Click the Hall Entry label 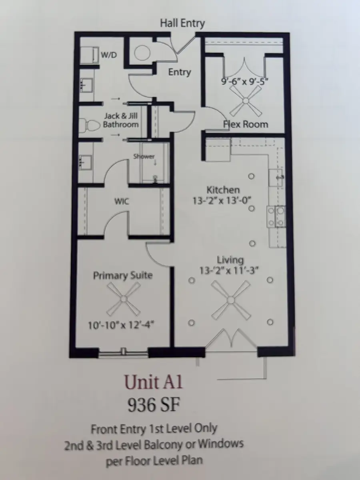click(182, 23)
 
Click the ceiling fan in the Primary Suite click(124, 298)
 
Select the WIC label click(122, 201)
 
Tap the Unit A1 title click(153, 382)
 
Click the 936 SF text click(153, 405)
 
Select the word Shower click(144, 156)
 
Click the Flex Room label click(245, 124)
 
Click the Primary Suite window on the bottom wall click(124, 352)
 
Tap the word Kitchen click(223, 190)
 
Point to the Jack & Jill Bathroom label click(121, 120)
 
